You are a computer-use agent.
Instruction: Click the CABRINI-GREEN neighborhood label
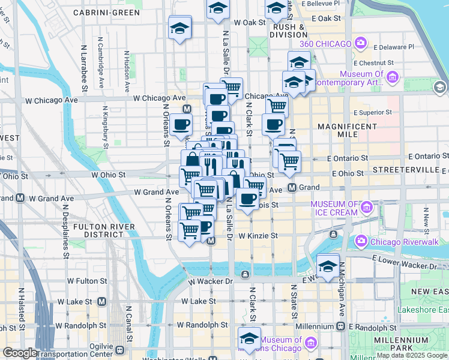click(x=107, y=12)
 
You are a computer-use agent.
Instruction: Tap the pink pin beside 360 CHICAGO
click(x=360, y=43)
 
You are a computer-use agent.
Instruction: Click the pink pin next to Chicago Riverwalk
click(x=361, y=241)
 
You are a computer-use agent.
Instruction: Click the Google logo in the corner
click(x=20, y=353)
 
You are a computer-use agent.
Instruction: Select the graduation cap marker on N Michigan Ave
click(x=328, y=265)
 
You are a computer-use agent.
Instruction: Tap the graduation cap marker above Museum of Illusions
click(x=250, y=337)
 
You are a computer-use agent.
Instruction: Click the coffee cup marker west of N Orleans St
click(x=181, y=125)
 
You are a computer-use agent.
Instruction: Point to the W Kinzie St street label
click(x=258, y=236)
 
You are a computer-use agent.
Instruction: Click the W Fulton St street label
click(x=87, y=280)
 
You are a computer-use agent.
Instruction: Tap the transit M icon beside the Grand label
click(x=292, y=188)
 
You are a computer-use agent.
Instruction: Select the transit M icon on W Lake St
click(x=101, y=301)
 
